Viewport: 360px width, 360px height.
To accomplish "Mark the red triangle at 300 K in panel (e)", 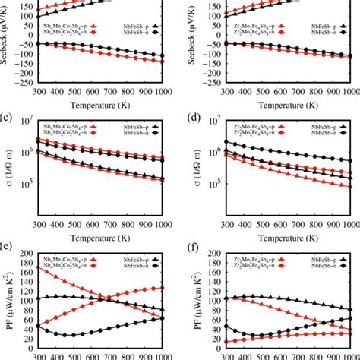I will (x=36, y=267).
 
